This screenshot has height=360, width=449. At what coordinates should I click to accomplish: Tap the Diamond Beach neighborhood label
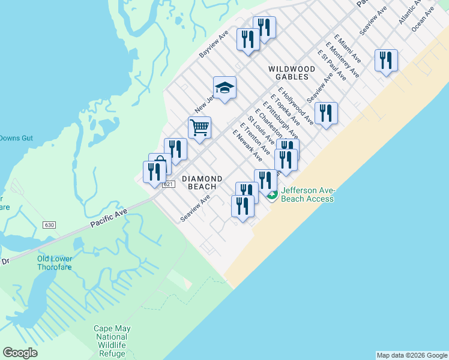(x=202, y=182)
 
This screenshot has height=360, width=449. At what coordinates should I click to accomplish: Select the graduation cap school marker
(x=224, y=88)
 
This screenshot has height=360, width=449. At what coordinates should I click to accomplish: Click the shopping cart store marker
(x=199, y=127)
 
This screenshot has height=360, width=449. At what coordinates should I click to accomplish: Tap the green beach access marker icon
(x=272, y=195)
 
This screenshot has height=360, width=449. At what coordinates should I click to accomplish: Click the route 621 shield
(x=167, y=184)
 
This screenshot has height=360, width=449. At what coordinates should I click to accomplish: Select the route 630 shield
(x=49, y=225)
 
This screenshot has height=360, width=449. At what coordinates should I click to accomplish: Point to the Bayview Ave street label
(x=214, y=44)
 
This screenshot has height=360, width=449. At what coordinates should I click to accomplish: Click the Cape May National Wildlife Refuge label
(x=112, y=341)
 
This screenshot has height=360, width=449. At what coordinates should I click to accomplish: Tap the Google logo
(x=20, y=353)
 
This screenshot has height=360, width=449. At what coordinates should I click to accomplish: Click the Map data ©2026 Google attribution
(x=411, y=355)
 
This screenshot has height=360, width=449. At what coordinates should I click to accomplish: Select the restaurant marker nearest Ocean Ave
(x=386, y=61)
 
